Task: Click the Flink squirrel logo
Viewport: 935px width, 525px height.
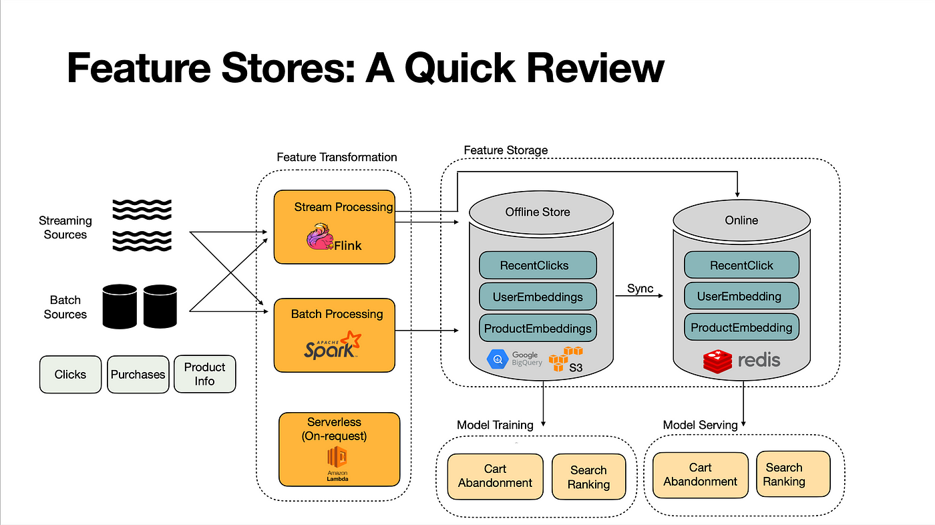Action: pos(320,236)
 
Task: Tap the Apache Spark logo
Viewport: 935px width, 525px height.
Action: pos(333,345)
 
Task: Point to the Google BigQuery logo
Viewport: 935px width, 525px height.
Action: pos(514,359)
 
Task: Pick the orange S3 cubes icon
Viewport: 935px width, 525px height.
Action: pos(565,359)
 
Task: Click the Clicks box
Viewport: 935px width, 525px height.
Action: pos(70,374)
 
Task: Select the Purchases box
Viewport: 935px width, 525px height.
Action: pos(138,374)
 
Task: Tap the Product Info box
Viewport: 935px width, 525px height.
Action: pos(204,374)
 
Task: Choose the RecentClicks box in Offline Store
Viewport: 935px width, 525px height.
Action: pos(538,265)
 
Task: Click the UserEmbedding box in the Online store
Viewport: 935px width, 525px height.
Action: pos(741,296)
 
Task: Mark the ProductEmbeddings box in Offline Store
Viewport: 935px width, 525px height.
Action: pos(538,328)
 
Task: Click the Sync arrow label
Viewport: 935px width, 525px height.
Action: pos(640,289)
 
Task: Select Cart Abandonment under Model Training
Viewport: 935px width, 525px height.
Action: pos(495,476)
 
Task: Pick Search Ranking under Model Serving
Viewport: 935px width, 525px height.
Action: pos(793,474)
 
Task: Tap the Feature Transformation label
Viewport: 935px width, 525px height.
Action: pos(337,157)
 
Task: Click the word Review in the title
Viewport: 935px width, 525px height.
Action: pos(595,68)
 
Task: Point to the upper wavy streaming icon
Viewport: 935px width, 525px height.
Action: pos(142,210)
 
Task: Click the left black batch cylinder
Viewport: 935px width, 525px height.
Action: pos(120,307)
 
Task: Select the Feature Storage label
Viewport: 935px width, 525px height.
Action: pos(506,150)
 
